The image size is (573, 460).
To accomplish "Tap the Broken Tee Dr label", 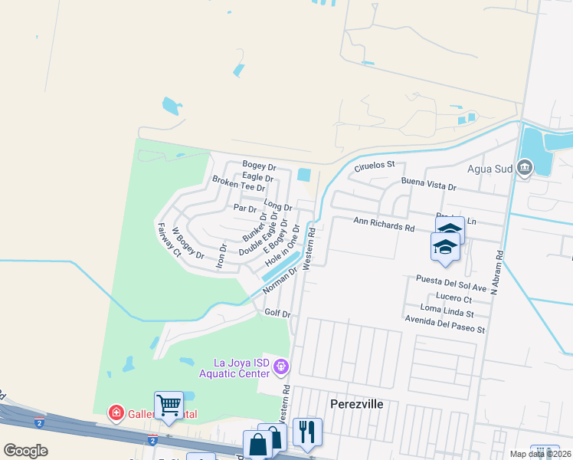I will click(x=238, y=183).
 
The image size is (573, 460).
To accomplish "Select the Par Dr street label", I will click(x=244, y=208).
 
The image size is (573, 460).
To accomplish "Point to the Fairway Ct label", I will click(x=168, y=240).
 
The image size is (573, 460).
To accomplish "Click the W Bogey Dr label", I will click(x=188, y=243).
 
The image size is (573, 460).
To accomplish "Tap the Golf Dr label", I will click(x=277, y=314).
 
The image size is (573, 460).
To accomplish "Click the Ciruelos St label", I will click(x=375, y=165).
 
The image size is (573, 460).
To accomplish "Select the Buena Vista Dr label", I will click(x=428, y=185).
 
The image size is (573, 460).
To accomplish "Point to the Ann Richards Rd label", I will click(x=383, y=226).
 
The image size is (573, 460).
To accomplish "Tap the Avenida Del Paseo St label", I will click(x=445, y=330).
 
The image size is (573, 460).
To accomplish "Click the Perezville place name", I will click(x=355, y=403).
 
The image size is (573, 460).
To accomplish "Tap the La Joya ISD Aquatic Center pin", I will click(x=281, y=368).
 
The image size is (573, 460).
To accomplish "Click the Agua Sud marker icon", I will click(x=525, y=167).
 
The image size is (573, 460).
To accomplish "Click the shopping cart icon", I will click(x=169, y=404).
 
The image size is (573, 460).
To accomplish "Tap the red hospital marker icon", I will click(x=116, y=414).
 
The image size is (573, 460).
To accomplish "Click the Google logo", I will click(x=25, y=451).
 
